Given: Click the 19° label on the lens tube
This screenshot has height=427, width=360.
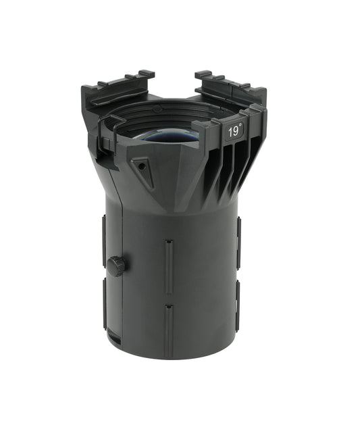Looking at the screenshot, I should [233, 132].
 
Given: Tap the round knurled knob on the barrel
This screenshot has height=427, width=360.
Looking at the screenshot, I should [118, 265].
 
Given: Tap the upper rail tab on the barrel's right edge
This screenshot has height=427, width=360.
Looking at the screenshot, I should [238, 241].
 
